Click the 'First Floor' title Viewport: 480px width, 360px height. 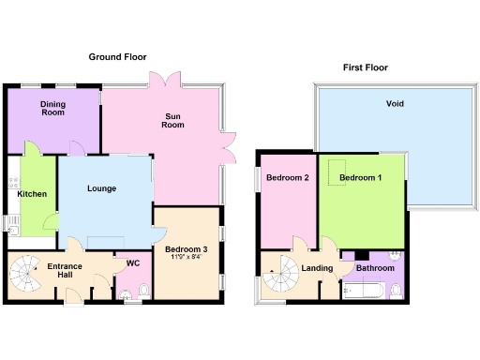(x=364, y=67)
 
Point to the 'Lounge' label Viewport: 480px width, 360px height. (x=101, y=188)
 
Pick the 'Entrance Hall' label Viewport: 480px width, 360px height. (x=65, y=272)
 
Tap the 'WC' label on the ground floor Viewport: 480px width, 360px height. (x=133, y=263)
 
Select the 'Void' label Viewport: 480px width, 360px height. (x=395, y=104)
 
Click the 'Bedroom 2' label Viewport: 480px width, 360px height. (x=287, y=178)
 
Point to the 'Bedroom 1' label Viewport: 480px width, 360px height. (x=361, y=178)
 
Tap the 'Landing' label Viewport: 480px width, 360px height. (x=318, y=268)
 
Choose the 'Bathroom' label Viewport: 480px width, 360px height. (x=375, y=268)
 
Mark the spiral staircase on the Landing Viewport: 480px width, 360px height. (x=278, y=277)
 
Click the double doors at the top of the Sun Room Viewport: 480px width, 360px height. (x=165, y=82)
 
